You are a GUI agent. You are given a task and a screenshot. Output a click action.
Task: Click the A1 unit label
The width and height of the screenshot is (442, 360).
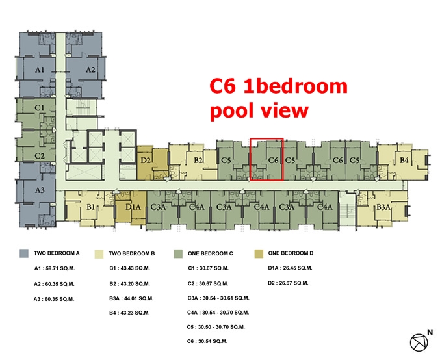(x=40, y=70)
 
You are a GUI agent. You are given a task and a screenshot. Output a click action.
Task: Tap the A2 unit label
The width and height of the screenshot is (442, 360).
(x=90, y=70)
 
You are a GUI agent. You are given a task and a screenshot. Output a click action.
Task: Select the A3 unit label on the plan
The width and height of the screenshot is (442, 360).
(x=40, y=190)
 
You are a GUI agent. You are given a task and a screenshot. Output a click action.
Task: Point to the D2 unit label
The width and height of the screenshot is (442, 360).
(x=146, y=160)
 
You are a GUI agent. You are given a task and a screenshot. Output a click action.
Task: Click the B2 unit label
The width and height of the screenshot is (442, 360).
(x=198, y=160)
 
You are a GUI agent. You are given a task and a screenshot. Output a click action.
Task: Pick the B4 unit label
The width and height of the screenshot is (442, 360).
(x=404, y=160)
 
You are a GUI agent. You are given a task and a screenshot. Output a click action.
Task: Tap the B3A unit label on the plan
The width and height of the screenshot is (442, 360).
(x=383, y=207)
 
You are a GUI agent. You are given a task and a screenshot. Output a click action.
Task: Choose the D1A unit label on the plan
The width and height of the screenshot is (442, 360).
(x=133, y=207)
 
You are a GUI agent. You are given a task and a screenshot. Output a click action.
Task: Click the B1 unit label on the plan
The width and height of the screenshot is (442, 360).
(x=90, y=207)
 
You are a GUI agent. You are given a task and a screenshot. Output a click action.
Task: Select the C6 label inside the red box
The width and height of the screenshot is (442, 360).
(x=274, y=160)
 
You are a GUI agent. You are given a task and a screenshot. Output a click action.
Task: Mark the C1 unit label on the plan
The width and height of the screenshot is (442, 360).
(x=40, y=108)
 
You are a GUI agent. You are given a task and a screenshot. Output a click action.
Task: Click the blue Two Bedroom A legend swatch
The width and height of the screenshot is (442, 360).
(x=24, y=253)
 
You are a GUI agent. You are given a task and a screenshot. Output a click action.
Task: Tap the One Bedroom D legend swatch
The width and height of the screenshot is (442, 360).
(x=259, y=253)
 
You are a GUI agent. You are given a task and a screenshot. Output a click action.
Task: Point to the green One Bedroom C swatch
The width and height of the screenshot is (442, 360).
(x=178, y=253)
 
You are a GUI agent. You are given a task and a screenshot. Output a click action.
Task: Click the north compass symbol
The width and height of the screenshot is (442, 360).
(x=419, y=342)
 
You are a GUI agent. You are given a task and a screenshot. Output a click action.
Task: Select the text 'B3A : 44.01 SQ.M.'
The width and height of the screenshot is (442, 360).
(x=131, y=298)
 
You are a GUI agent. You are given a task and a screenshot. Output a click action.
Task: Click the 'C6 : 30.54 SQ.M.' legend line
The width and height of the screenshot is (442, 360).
(x=207, y=341)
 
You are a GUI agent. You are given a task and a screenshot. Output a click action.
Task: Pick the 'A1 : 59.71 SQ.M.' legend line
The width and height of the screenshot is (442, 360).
(x=55, y=268)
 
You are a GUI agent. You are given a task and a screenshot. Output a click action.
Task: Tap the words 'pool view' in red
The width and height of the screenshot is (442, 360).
(x=259, y=110)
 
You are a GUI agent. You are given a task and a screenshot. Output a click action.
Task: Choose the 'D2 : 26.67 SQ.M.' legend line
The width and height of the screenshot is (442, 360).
(x=289, y=283)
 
